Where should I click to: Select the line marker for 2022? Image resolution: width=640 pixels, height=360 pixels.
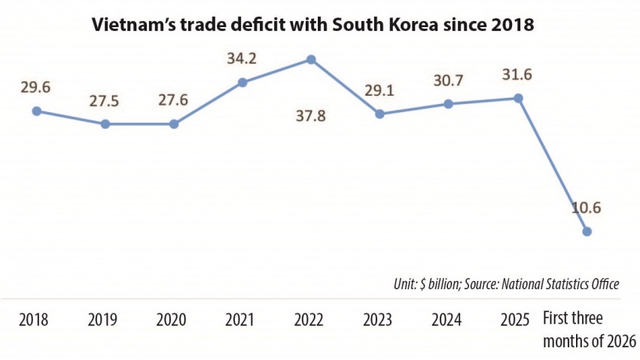(311, 59)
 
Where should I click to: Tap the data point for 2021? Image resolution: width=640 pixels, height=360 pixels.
(242, 83)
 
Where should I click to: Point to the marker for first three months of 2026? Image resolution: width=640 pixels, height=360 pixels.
(587, 232)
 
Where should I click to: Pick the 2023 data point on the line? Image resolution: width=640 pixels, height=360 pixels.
(380, 114)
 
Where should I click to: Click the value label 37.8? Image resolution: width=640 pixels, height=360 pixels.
(311, 117)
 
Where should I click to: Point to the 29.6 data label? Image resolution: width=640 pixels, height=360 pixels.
(35, 88)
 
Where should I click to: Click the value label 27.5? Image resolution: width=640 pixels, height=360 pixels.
(105, 99)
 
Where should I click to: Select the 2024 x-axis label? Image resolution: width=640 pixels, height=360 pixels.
(446, 319)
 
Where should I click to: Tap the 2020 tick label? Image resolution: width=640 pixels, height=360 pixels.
(172, 319)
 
